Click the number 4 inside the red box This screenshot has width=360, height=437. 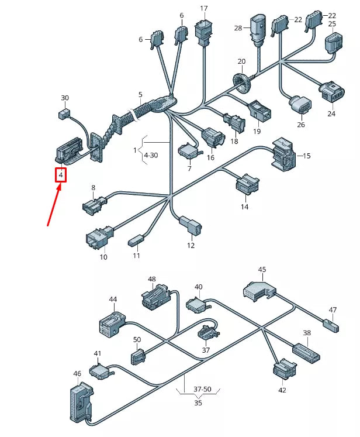click(x=61, y=174)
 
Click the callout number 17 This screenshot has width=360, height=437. click(x=203, y=9)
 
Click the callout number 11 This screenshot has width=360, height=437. click(x=136, y=256)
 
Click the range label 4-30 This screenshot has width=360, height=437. click(x=150, y=155)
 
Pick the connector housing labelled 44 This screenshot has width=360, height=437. click(x=111, y=324)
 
